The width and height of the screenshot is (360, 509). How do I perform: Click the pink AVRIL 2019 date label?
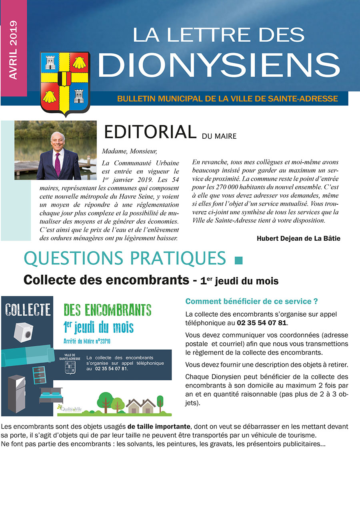13,50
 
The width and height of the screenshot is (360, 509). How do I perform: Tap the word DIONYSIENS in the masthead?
219,65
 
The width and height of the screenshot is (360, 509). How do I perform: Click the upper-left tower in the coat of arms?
51,62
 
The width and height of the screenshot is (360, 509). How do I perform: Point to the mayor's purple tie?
58,164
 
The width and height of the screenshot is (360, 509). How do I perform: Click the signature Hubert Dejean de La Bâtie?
298,238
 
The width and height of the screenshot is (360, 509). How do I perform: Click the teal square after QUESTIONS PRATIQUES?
238,261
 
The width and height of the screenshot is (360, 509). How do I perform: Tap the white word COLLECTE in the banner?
28,309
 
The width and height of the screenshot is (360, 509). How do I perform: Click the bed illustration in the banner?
50,396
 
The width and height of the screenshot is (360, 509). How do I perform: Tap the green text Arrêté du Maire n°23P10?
89,341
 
